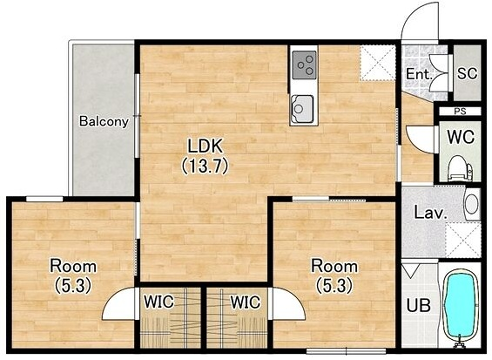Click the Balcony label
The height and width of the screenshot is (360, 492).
[x=104, y=121]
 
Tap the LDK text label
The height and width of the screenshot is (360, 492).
[x=205, y=146]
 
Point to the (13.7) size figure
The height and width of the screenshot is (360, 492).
[x=205, y=165]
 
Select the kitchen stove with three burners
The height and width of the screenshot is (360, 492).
[x=304, y=65]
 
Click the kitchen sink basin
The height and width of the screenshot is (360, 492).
[x=302, y=109]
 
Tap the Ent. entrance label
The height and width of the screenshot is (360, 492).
[x=419, y=74]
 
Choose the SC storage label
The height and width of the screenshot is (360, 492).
[x=467, y=74]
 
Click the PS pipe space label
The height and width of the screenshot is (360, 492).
[x=460, y=112]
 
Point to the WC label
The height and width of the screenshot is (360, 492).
[x=460, y=137]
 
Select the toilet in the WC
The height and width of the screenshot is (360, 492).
[x=459, y=168]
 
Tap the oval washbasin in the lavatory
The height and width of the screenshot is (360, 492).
[x=471, y=204]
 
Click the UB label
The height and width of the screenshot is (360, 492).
[x=418, y=305]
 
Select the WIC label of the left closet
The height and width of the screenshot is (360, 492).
[x=159, y=302]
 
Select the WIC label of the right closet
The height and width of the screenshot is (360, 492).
[x=246, y=302]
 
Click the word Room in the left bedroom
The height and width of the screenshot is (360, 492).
[x=73, y=266]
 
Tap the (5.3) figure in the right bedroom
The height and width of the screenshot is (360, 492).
[x=334, y=286]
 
